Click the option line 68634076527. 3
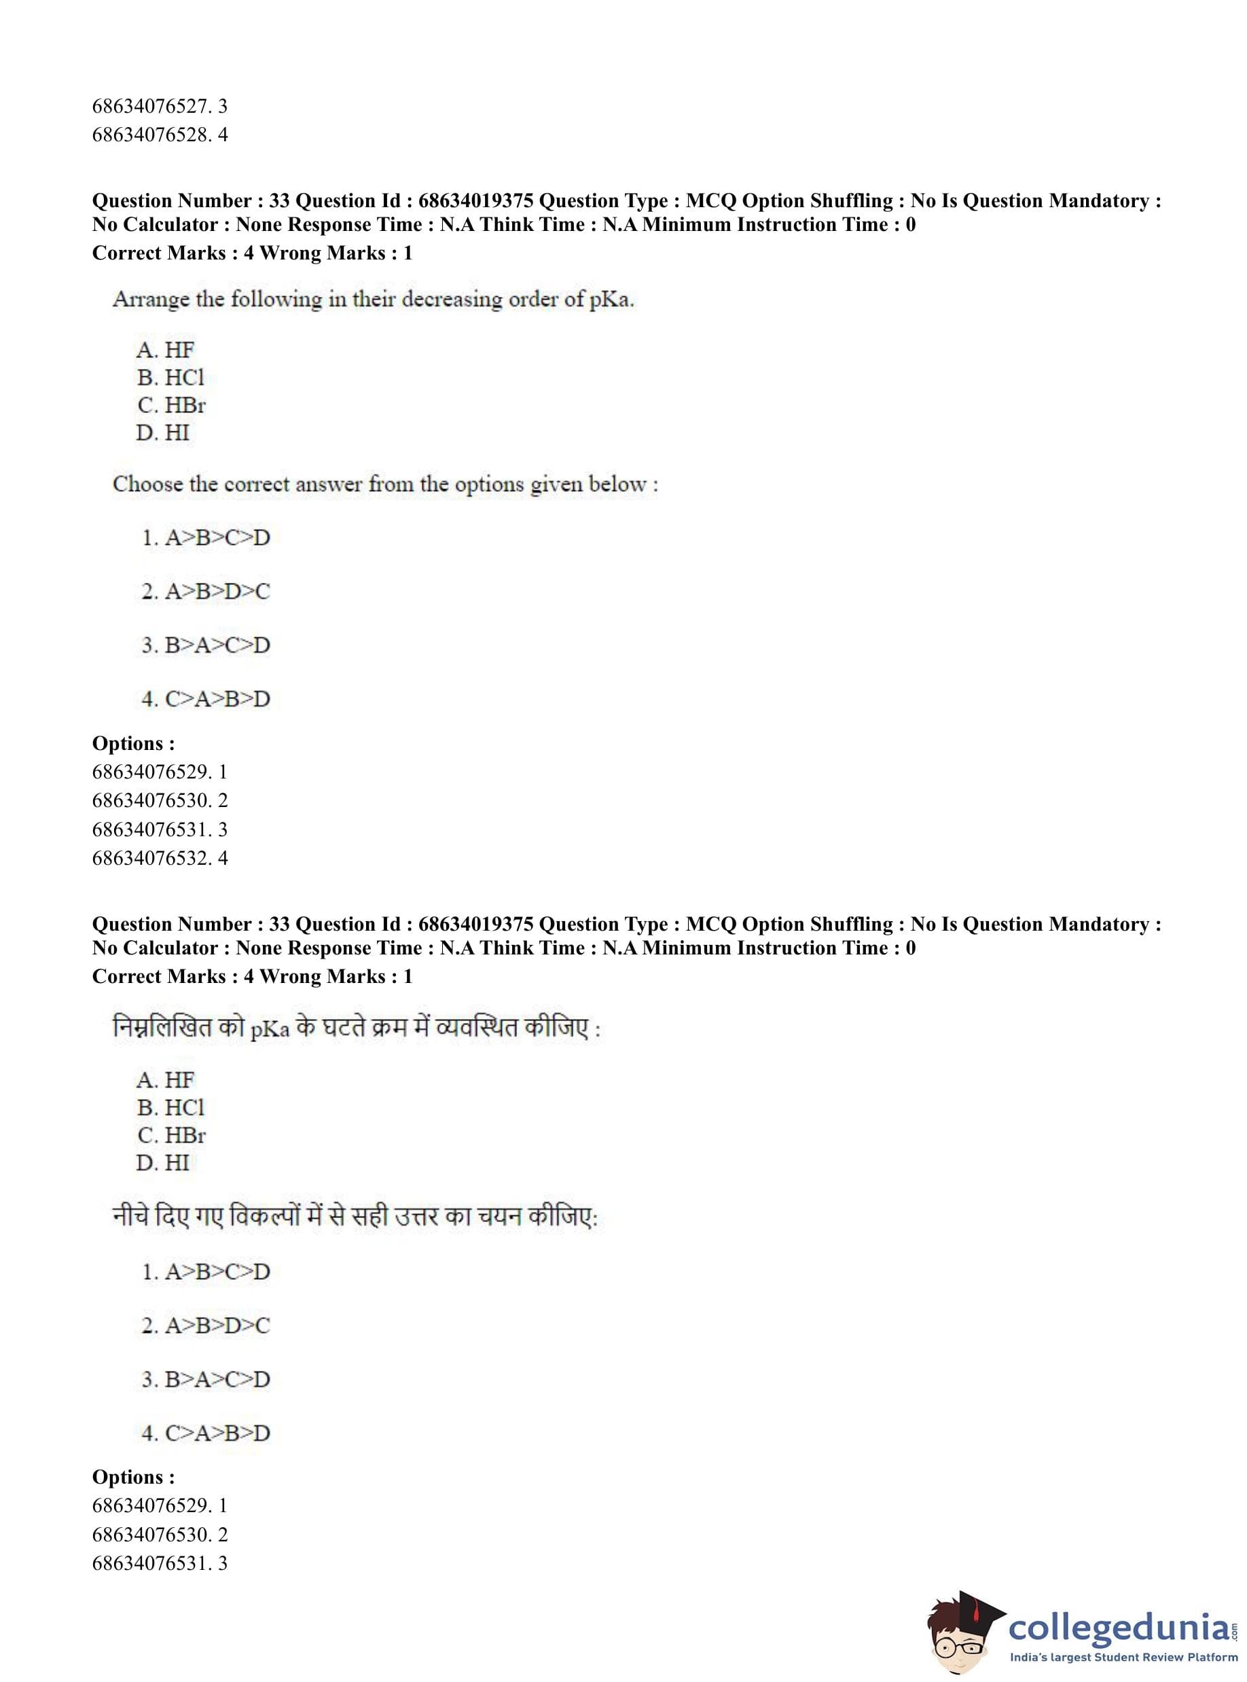[160, 107]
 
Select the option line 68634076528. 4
[160, 135]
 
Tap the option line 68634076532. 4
[160, 857]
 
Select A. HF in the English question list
[165, 351]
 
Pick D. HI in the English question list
[163, 433]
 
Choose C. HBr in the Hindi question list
[171, 1134]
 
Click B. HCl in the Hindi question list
[170, 1107]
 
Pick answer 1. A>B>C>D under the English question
[205, 537]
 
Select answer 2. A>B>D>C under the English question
[205, 591]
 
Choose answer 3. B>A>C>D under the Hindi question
[205, 1379]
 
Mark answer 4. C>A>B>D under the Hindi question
[205, 1433]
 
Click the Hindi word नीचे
[130, 1216]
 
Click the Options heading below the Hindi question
[134, 1477]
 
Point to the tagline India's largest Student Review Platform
[1123, 1657]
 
